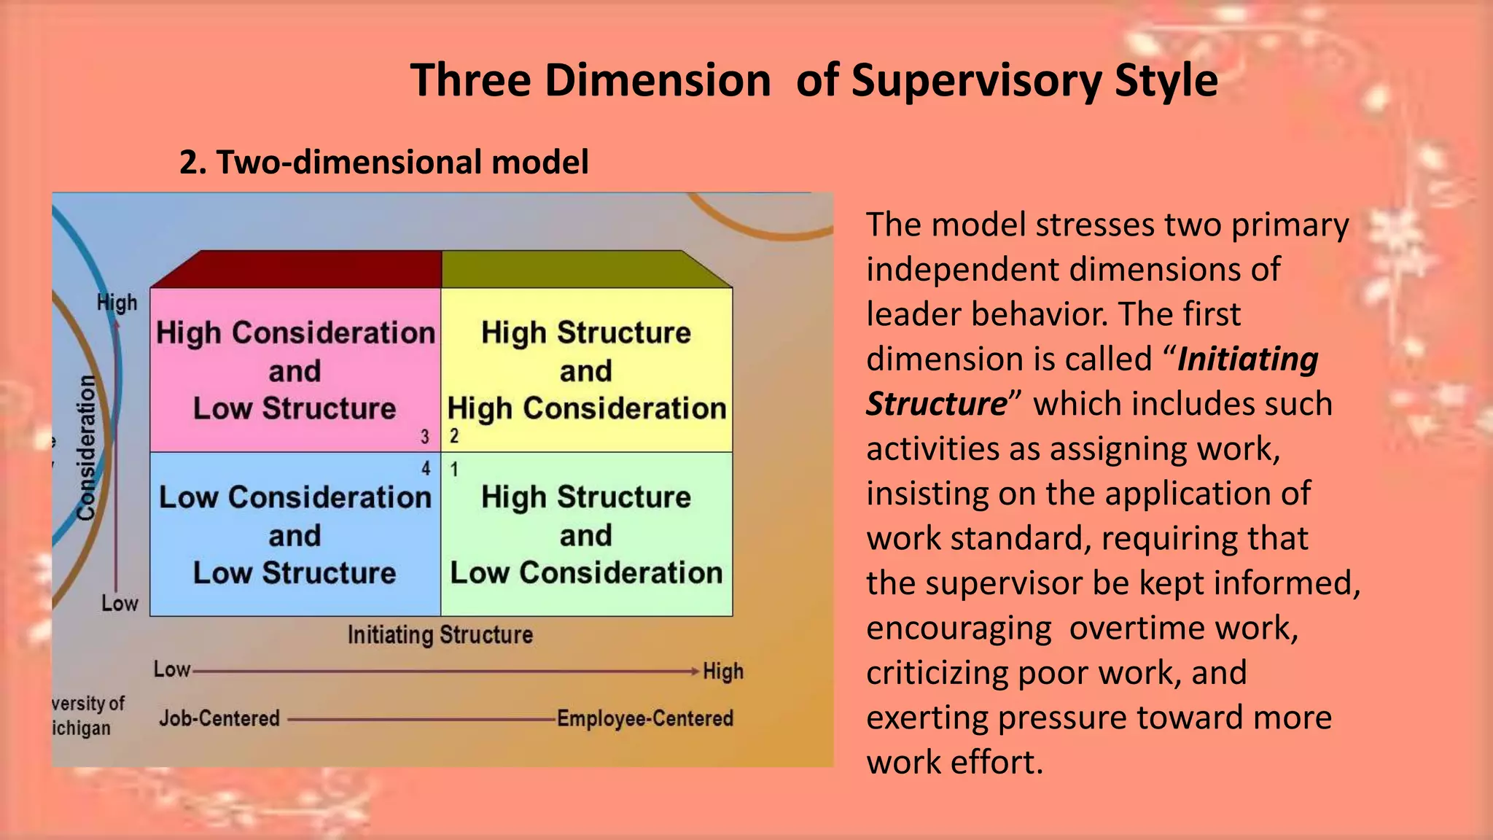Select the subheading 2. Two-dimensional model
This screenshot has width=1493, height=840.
pos(383,162)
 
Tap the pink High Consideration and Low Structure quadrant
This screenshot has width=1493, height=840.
pos(295,370)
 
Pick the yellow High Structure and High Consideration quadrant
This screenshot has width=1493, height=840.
pos(586,370)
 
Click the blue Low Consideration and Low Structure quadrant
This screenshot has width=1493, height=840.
pos(295,535)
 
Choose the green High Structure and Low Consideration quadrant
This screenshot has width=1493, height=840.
pos(586,535)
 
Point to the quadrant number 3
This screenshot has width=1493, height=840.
pos(425,437)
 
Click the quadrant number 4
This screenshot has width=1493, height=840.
pos(426,469)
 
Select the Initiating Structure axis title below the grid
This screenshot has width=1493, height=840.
pos(440,635)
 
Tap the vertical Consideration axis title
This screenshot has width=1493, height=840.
pos(87,448)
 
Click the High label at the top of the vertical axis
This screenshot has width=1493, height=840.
pos(117,303)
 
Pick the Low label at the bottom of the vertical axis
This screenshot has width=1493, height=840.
pos(120,603)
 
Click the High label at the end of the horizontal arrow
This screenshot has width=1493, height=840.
pos(722,671)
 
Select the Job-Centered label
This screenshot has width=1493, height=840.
pos(219,718)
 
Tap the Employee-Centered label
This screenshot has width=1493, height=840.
pos(644,718)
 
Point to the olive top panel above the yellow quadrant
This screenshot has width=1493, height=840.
pos(576,270)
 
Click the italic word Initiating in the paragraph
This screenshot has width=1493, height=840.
pos(1247,359)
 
